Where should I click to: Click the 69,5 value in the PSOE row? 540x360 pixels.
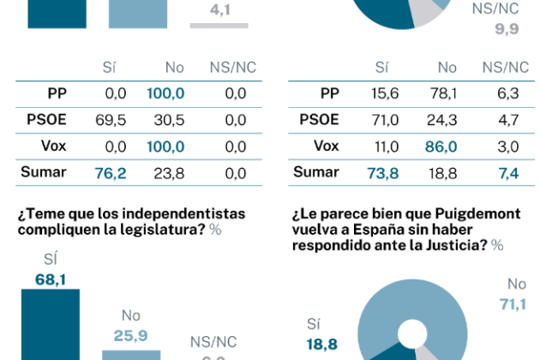(x=110, y=120)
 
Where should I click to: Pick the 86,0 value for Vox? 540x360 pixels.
(x=441, y=147)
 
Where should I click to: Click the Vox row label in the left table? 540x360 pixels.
(x=52, y=146)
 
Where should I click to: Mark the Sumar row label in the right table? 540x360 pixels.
(x=315, y=171)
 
